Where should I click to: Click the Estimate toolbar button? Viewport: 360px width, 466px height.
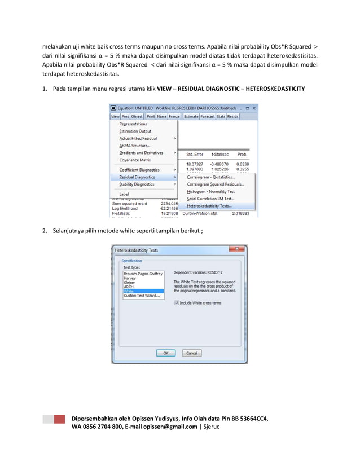coord(191,116)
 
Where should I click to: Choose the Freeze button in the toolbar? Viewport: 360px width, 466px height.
coord(174,116)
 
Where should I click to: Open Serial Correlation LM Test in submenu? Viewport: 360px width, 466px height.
coord(211,199)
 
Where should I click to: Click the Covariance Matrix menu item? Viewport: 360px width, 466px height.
coord(135,160)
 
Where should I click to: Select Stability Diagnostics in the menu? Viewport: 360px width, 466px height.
coord(137,184)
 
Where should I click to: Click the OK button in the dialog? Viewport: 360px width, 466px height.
coord(165,353)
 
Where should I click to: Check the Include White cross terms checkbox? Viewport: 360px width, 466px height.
coord(177,303)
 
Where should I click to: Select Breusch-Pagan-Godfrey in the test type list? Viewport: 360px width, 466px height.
coord(143,274)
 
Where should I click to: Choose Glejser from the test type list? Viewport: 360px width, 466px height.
coord(130,283)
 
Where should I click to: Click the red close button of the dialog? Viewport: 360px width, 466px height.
coord(237,249)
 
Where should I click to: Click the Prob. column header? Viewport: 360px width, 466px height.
coord(242,154)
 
